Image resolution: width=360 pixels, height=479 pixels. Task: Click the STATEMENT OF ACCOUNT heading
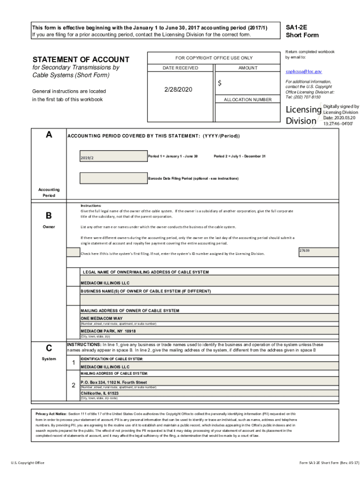80,59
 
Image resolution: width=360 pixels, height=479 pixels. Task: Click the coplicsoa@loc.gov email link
304,72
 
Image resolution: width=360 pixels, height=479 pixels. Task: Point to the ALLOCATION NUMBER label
247,100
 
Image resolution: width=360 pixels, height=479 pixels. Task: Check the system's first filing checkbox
73,253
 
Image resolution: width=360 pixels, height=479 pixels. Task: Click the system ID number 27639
305,251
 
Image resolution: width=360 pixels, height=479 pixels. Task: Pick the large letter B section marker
49,216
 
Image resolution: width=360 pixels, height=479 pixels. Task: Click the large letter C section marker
49,348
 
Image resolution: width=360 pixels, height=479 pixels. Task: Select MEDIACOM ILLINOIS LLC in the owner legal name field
105,283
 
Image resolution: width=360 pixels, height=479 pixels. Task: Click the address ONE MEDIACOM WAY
101,318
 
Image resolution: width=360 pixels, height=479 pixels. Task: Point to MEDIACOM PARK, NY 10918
108,331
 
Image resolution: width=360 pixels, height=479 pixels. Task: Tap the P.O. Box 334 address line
114,382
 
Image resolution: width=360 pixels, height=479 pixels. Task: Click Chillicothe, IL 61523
100,393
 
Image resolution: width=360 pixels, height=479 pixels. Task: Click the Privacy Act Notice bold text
51,414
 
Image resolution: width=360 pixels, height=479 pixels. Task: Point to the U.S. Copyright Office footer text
28,463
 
